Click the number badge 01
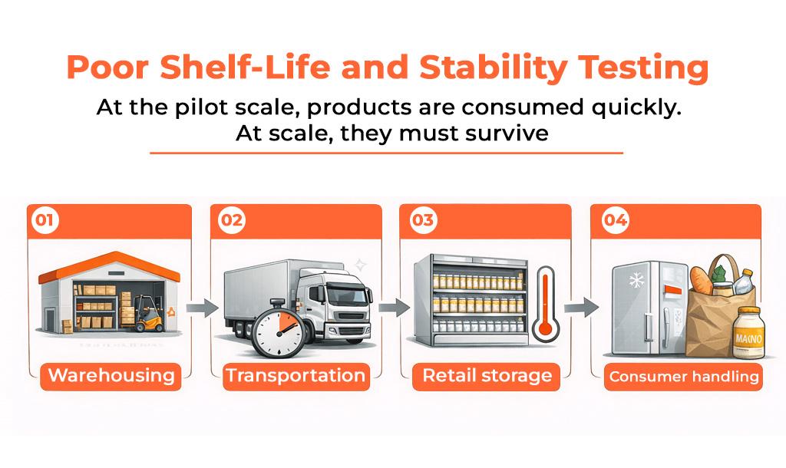45,220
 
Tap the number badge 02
232,220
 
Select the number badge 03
423,220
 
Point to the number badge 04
615,220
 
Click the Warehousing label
111,376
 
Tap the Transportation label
296,376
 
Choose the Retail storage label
487,376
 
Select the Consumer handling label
684,377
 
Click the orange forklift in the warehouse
148,314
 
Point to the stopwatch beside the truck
277,328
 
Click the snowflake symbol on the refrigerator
636,279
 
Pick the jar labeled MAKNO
748,333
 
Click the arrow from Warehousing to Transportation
203,308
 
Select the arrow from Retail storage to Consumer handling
582,308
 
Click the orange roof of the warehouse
109,265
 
